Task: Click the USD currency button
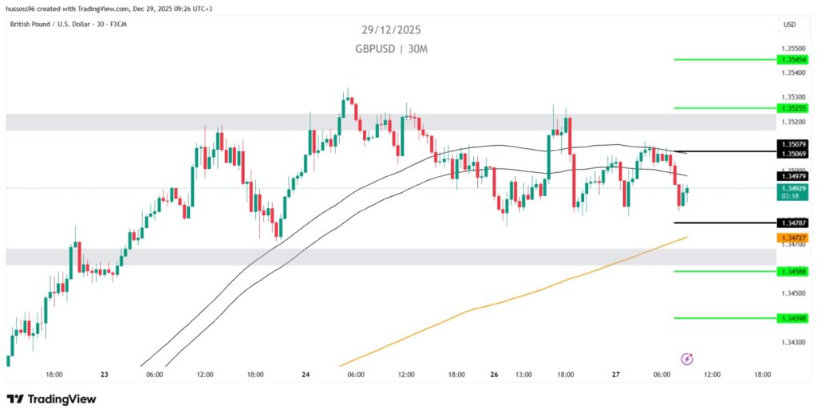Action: click(x=789, y=25)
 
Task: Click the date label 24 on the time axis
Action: click(x=306, y=374)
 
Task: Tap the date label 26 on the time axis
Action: click(x=495, y=374)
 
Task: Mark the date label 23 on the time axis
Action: click(x=105, y=374)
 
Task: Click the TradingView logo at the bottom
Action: click(x=52, y=398)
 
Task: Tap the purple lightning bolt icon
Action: click(x=687, y=359)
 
